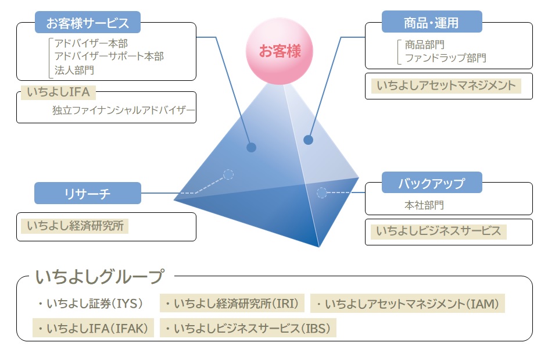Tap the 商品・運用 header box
coord(432,23)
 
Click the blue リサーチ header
coord(87,194)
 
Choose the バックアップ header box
coord(432,184)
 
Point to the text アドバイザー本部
coord(91,44)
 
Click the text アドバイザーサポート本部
coord(109,56)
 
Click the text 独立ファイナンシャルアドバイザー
coord(123,110)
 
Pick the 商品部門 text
coord(424,44)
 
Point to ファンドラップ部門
coord(445,58)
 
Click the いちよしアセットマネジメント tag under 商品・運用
coord(446,86)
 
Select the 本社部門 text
coord(424,205)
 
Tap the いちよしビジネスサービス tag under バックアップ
coord(438,231)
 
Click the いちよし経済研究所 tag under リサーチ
coord(74,226)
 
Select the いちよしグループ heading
coord(99,277)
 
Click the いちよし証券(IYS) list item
coord(89,304)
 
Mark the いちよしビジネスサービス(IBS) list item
coord(248,329)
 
